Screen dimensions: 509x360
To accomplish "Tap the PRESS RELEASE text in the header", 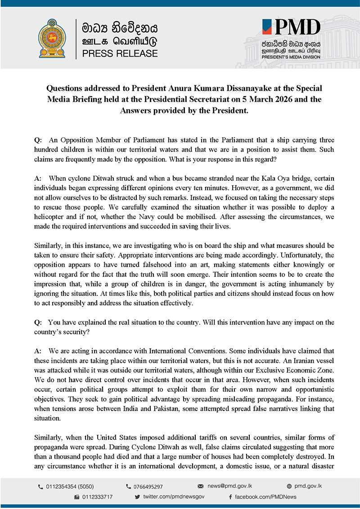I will click(120, 54).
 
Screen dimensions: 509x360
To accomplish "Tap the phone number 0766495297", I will click(148, 487).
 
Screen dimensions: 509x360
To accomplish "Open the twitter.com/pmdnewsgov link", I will click(174, 496).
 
